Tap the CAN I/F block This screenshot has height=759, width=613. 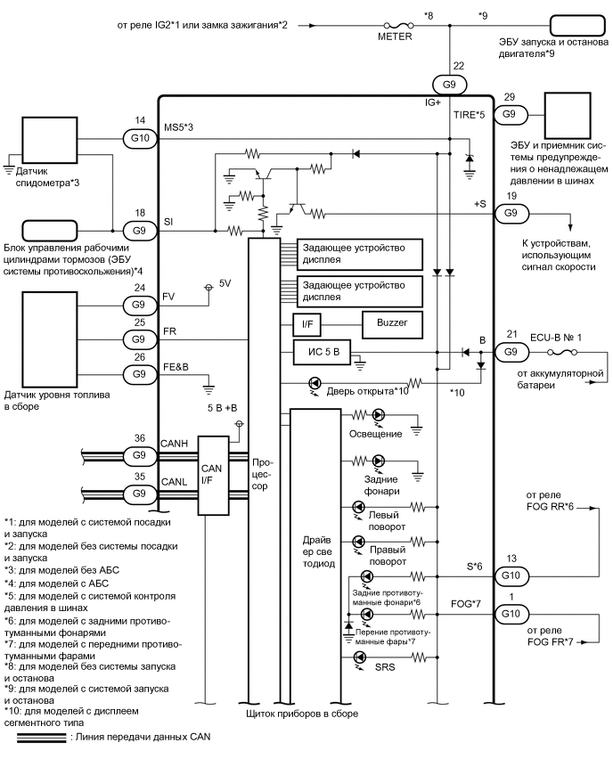[212, 476]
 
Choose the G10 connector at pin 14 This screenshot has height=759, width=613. [138, 138]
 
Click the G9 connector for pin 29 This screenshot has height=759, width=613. [510, 114]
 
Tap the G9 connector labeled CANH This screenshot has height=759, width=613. [138, 455]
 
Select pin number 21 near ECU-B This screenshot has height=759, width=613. [511, 333]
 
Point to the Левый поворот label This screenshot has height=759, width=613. [386, 520]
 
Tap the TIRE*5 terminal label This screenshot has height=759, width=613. [468, 115]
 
